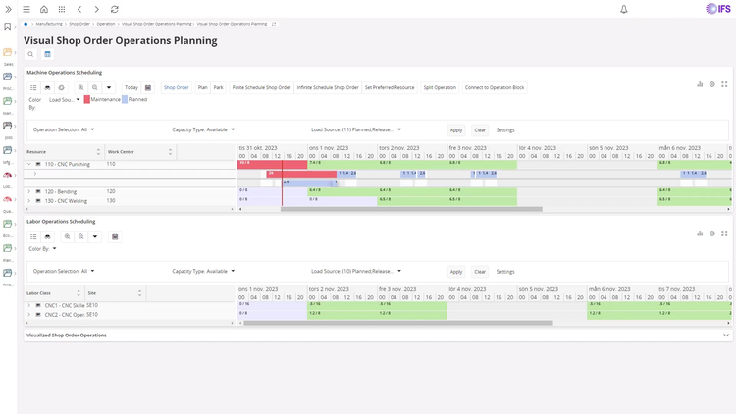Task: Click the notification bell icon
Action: point(623,9)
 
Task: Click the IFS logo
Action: point(717,9)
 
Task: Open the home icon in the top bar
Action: point(44,9)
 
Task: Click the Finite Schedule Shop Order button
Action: point(261,87)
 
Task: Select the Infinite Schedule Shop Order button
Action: point(328,87)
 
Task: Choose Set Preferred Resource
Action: point(390,87)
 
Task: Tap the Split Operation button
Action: point(440,87)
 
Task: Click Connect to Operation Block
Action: point(495,87)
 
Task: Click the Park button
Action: point(218,87)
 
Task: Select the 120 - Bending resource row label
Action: point(60,191)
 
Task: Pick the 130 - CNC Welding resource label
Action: point(65,201)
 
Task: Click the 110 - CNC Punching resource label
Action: point(67,164)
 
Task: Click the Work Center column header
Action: point(121,152)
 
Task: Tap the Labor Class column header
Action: point(39,293)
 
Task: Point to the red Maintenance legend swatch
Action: point(86,99)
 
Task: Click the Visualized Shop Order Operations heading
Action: point(67,335)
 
